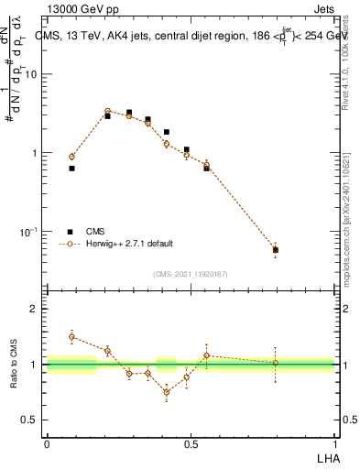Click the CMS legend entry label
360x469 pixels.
pyautogui.click(x=94, y=232)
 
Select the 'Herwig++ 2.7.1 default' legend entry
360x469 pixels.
pyautogui.click(x=128, y=245)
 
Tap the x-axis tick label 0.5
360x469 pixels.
pyautogui.click(x=191, y=444)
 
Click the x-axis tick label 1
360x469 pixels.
pyautogui.click(x=334, y=444)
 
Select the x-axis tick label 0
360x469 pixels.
pyautogui.click(x=47, y=444)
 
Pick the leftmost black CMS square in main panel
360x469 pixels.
pyautogui.click(x=71, y=169)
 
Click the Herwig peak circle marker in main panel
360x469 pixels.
pyautogui.click(x=107, y=111)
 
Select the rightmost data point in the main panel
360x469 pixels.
pyautogui.click(x=276, y=249)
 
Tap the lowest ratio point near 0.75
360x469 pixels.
pyautogui.click(x=166, y=392)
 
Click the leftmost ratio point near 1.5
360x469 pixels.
pyautogui.click(x=71, y=337)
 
